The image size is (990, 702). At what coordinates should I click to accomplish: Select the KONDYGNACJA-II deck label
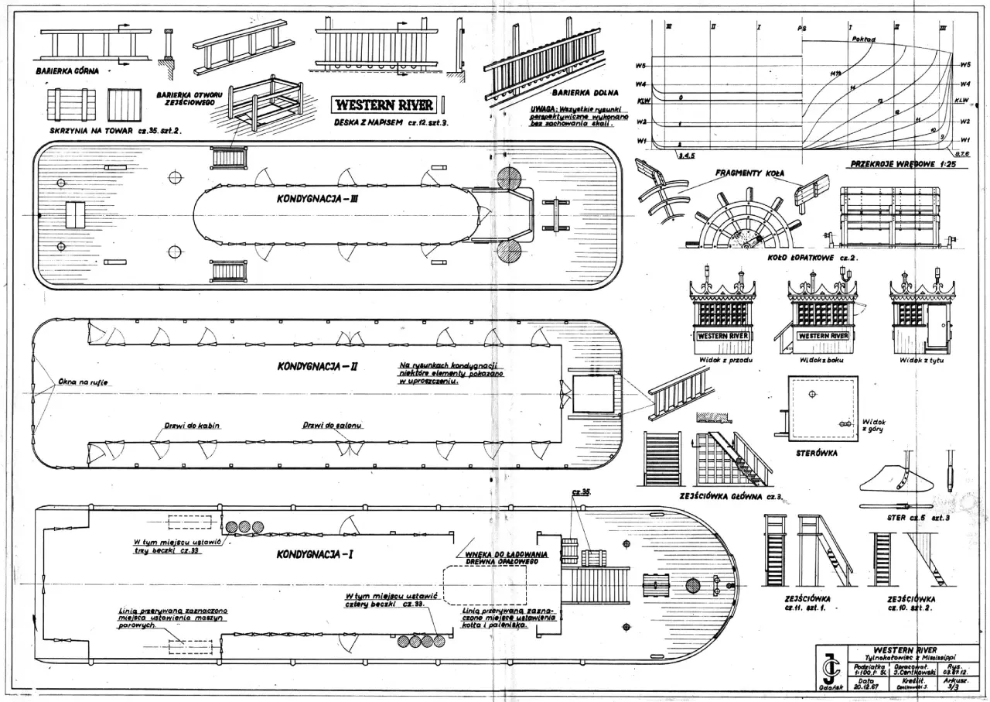pos(317,366)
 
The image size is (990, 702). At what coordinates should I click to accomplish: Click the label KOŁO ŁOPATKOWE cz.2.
pos(800,257)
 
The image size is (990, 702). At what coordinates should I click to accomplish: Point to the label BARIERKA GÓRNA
pos(67,70)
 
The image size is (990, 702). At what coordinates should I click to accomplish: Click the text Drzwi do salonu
pos(333,426)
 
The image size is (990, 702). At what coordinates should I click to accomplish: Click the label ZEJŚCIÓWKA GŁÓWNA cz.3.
pos(731,495)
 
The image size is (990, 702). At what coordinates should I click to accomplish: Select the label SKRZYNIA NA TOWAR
pos(96,131)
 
